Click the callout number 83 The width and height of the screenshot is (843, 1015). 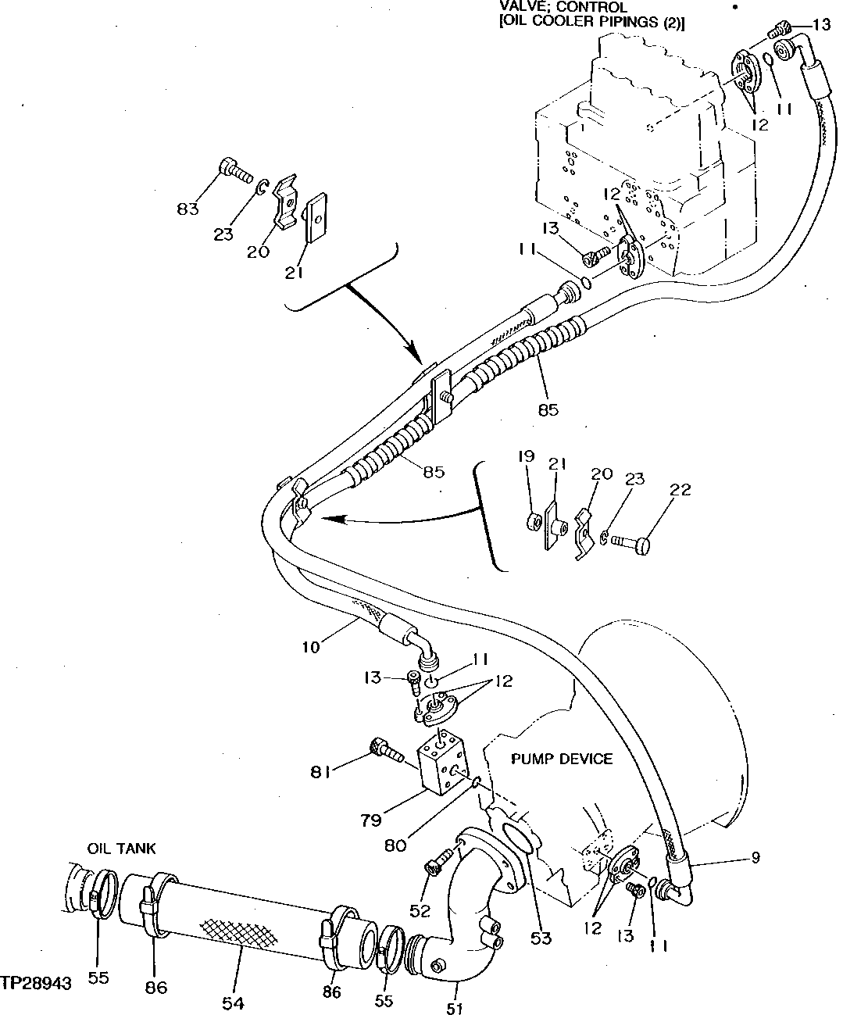(188, 209)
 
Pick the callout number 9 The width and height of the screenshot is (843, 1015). (755, 858)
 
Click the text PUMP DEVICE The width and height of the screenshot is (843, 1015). (562, 759)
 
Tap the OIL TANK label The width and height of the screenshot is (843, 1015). (121, 848)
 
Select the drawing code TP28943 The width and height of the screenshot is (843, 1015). (37, 982)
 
